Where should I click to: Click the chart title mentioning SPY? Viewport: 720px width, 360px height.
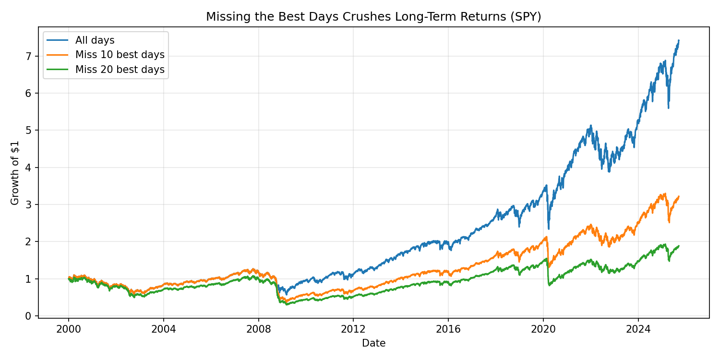click(373, 17)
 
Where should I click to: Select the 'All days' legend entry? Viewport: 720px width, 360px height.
click(95, 40)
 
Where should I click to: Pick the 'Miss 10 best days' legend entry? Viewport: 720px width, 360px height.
click(120, 55)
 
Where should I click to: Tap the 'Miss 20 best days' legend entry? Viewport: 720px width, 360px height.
click(120, 69)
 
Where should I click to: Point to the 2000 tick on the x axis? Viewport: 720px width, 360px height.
click(68, 329)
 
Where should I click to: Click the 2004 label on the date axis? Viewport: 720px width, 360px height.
click(163, 329)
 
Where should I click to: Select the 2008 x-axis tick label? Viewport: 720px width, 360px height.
click(258, 329)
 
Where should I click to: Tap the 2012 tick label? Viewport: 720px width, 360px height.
click(353, 329)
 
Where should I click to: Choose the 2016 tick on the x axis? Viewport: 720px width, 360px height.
click(448, 329)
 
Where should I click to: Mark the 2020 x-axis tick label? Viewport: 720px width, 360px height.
click(543, 329)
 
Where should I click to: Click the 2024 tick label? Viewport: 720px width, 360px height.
click(638, 329)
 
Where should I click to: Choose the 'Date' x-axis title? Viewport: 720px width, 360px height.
click(373, 343)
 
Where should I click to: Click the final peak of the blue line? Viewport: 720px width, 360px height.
click(679, 40)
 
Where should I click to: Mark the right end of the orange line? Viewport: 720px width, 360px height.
click(679, 196)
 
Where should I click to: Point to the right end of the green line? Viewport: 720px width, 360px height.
click(679, 246)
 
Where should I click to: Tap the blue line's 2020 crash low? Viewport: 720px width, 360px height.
click(549, 228)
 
